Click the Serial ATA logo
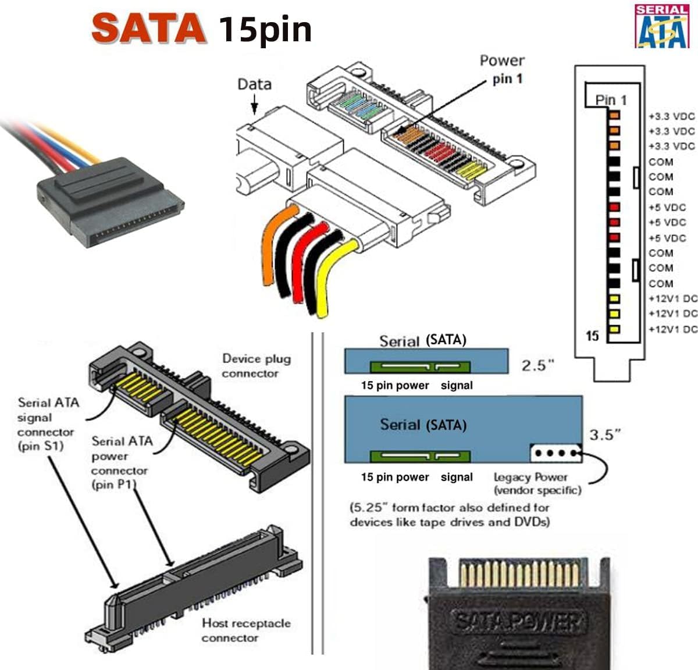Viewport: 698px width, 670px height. coord(661,26)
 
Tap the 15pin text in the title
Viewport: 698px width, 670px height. coord(265,29)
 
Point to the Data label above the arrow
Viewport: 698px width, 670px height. coord(254,84)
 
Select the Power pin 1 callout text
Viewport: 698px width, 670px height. coord(501,69)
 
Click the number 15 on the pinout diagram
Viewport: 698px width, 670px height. coord(592,336)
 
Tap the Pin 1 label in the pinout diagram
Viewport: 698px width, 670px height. coord(611,100)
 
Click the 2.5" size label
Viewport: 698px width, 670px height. coord(537,365)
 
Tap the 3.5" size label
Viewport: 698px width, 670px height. coord(605,434)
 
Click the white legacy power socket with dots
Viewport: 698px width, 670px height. coord(555,453)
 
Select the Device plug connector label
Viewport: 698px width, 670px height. coord(256,366)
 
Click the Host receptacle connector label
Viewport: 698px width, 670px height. coord(245,630)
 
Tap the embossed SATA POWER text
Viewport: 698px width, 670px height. coord(518,622)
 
